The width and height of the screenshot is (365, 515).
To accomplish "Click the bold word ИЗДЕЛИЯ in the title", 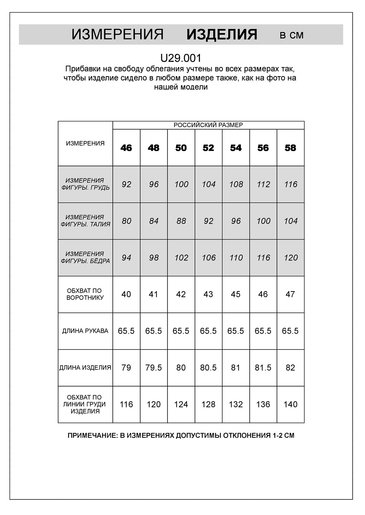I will click(x=222, y=35).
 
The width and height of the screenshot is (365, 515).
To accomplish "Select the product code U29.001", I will click(x=181, y=58).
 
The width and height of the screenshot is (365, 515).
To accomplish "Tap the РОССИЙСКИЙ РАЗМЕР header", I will click(x=208, y=125).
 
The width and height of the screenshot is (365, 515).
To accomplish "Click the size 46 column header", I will click(x=126, y=148).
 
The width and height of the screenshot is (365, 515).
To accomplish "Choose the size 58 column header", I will click(x=290, y=148).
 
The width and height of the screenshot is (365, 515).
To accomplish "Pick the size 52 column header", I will click(x=208, y=148).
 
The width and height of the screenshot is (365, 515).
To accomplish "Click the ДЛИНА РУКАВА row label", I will click(x=85, y=331).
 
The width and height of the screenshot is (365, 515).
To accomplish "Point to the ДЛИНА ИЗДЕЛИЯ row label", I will click(x=85, y=368).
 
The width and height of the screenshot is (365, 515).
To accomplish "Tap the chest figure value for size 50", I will click(x=181, y=184).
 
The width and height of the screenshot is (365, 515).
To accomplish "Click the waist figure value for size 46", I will click(x=126, y=221).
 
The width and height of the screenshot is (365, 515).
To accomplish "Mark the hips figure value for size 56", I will click(x=263, y=258).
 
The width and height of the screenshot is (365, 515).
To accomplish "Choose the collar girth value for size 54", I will click(x=236, y=294).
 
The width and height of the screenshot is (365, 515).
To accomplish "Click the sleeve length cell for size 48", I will click(x=153, y=331).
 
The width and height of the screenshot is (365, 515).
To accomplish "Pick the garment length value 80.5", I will click(x=208, y=368).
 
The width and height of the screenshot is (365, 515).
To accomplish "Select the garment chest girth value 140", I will click(x=290, y=404).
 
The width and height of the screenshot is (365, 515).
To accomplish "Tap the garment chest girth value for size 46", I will click(x=126, y=404).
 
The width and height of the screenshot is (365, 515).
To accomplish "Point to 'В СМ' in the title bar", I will click(x=292, y=35).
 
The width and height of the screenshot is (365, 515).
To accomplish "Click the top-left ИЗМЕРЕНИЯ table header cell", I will click(x=85, y=144).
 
